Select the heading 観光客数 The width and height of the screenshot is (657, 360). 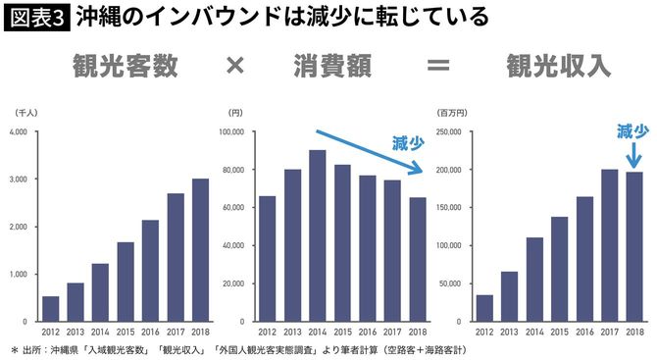click(x=125, y=67)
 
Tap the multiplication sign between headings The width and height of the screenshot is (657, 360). click(x=234, y=67)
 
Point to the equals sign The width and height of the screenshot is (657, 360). click(x=436, y=67)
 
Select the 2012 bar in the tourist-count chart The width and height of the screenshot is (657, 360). click(x=51, y=308)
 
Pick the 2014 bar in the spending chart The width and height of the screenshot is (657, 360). click(x=318, y=235)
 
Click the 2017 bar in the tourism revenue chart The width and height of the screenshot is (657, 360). click(x=609, y=245)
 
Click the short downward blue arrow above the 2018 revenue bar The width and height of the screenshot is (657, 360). click(x=632, y=154)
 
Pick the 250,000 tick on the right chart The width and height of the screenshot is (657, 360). click(x=450, y=132)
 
